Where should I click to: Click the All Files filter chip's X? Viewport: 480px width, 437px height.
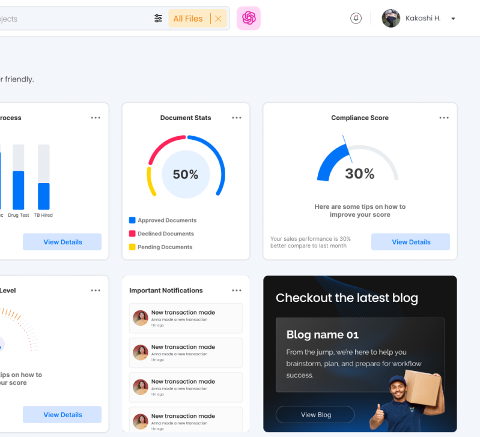pos(218,19)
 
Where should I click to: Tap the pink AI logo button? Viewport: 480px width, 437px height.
pos(249,19)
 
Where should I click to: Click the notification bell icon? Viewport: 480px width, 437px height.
pos(356,19)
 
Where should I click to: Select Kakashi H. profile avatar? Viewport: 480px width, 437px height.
pos(391,19)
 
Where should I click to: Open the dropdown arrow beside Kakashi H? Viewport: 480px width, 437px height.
pos(453,19)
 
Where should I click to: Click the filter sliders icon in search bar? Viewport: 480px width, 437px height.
pos(158,19)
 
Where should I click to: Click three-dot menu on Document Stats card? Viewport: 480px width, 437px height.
pos(237,118)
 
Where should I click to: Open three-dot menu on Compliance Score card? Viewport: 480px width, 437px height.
pos(444,118)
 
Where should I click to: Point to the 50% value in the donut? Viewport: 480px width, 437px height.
pos(186,175)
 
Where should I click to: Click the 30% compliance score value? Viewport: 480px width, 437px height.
pos(360,174)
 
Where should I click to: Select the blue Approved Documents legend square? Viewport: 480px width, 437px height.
pos(132,220)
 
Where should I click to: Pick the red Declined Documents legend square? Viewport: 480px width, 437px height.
pos(132,234)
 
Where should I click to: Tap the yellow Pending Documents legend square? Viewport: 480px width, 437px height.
pos(132,247)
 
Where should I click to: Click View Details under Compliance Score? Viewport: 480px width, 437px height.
pos(411,242)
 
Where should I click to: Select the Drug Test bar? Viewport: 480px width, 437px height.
pos(19,190)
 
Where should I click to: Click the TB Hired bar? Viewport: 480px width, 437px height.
pos(44,196)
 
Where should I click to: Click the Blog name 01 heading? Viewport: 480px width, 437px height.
pos(322,335)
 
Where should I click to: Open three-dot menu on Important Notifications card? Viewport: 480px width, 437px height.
pos(237,291)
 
